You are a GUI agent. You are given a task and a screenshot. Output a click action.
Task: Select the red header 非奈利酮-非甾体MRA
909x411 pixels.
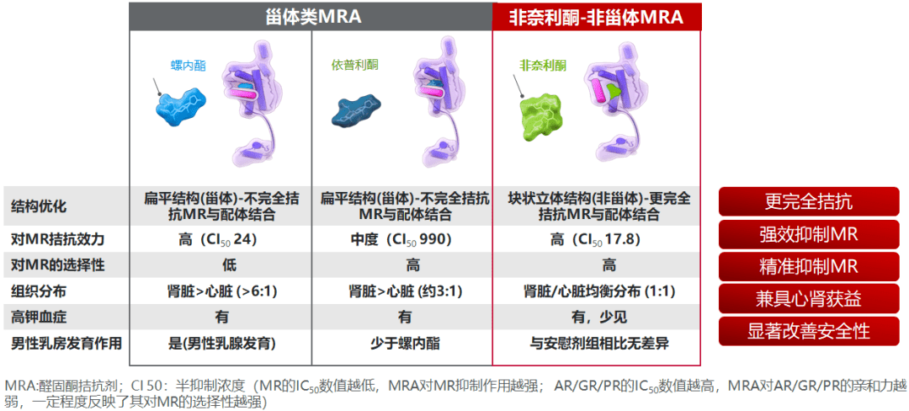[x=596, y=17]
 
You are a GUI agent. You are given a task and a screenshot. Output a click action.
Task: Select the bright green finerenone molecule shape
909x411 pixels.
[x=540, y=118]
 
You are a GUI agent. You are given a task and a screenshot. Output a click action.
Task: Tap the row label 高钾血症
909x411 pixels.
[x=35, y=317]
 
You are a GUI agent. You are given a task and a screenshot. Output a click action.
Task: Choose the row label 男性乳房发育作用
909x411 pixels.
[x=66, y=343]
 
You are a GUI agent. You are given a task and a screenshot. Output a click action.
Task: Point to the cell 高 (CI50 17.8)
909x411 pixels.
[x=597, y=239]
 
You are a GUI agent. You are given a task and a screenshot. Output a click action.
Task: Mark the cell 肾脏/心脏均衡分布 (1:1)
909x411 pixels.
[x=597, y=291]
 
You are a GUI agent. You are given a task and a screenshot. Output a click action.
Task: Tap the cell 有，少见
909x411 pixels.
[x=597, y=317]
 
